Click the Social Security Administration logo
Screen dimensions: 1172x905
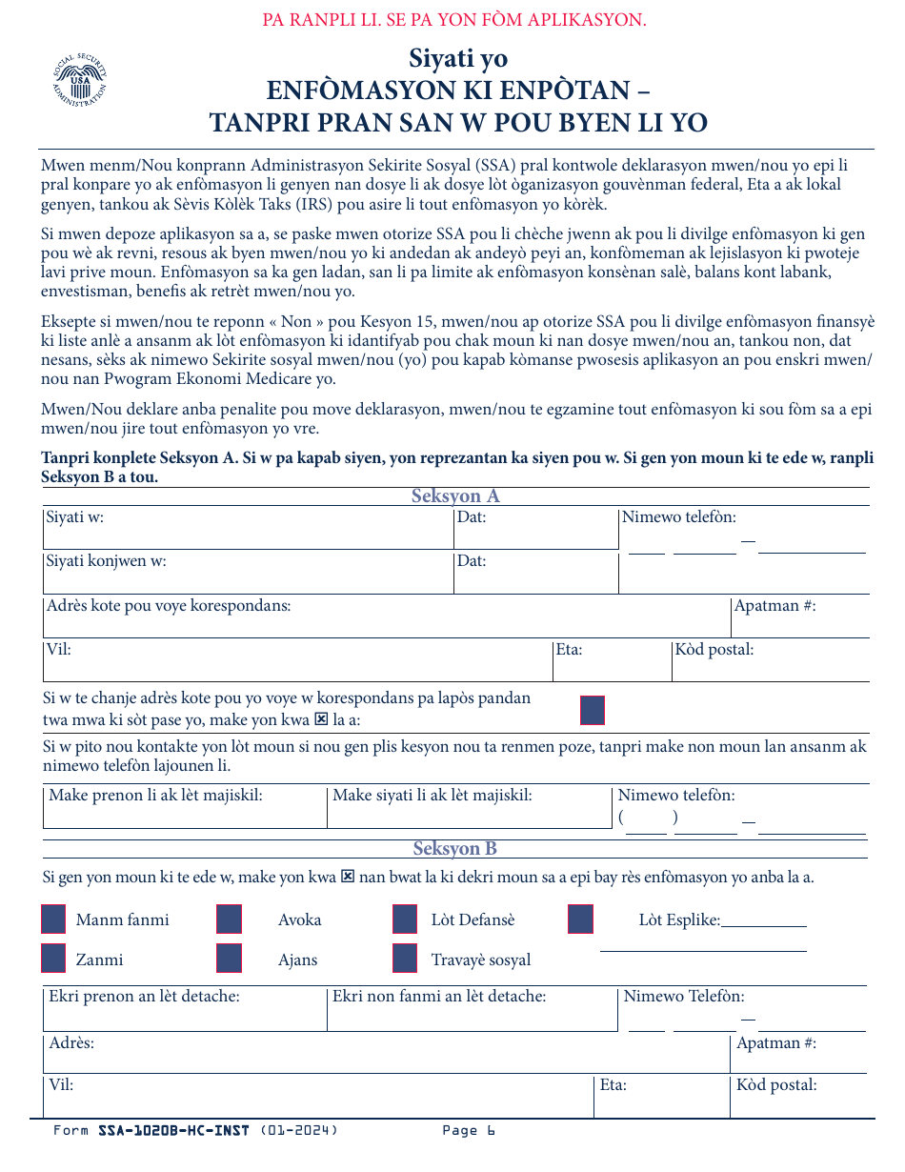(x=80, y=82)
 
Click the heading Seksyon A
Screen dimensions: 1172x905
(x=455, y=495)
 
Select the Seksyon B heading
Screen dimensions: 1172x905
(x=455, y=848)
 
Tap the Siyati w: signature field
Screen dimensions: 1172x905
(x=248, y=529)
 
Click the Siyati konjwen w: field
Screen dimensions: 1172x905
(x=248, y=573)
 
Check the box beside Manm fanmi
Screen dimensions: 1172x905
(x=54, y=919)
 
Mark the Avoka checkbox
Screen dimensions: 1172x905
(x=229, y=919)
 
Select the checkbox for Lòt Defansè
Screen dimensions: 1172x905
(x=405, y=919)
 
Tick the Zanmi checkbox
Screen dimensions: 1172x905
(x=54, y=959)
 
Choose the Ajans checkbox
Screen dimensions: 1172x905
(x=229, y=959)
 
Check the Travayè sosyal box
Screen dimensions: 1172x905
(x=405, y=959)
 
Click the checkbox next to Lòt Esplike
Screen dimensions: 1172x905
(x=580, y=919)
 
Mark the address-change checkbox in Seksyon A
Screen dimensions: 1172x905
(x=593, y=710)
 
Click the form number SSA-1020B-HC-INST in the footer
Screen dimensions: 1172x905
(x=173, y=1131)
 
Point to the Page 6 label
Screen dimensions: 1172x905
(x=469, y=1131)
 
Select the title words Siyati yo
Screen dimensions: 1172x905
(x=458, y=58)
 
